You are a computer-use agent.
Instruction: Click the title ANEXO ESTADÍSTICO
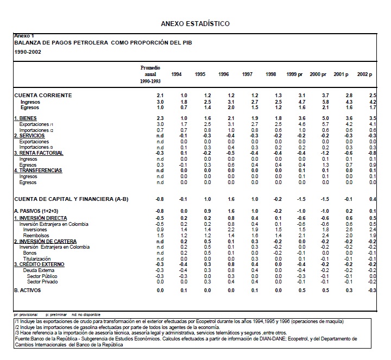click(x=195, y=24)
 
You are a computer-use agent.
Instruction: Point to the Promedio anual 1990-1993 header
click(x=150, y=74)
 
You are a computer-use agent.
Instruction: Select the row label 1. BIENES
click(x=26, y=118)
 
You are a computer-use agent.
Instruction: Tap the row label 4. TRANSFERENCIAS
click(x=37, y=170)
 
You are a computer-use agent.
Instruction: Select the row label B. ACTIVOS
click(x=28, y=291)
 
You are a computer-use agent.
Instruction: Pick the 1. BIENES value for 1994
click(x=184, y=118)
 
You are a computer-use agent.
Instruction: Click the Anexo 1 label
click(x=24, y=36)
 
